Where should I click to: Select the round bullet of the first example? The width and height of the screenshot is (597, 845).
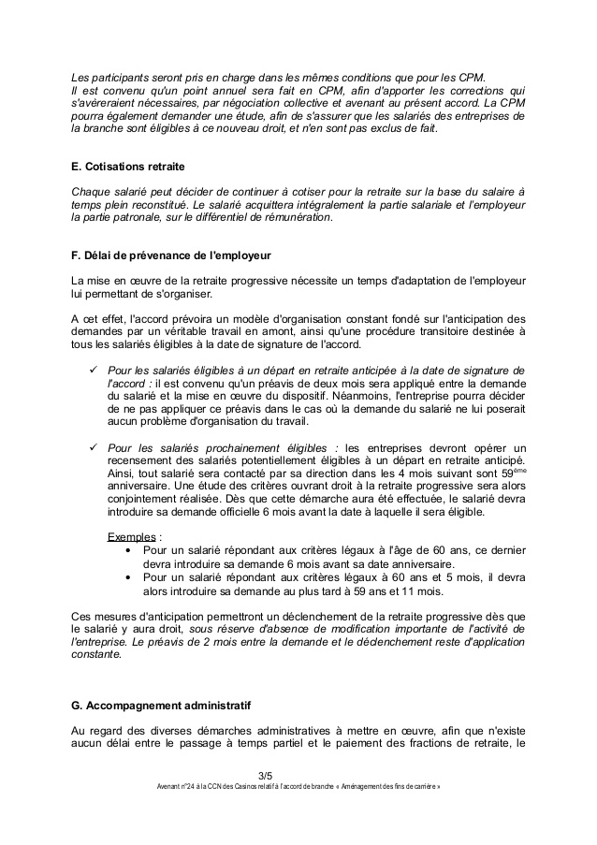coord(127,552)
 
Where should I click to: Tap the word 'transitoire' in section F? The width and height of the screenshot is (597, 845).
coord(444,331)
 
